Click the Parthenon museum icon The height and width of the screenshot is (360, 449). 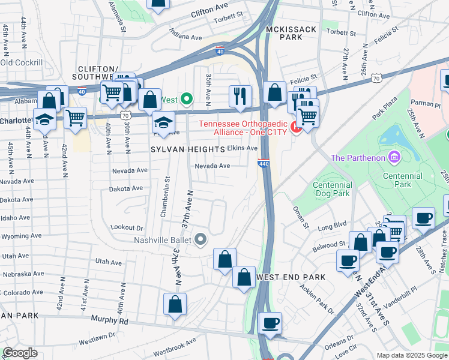pyautogui.click(x=394, y=158)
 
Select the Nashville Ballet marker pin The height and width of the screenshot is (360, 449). pyautogui.click(x=202, y=241)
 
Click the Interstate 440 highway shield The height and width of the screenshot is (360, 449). pyautogui.click(x=264, y=162)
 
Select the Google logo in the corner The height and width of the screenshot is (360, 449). pyautogui.click(x=20, y=353)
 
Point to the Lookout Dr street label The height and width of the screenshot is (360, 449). pyautogui.click(x=127, y=228)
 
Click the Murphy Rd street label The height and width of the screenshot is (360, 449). pyautogui.click(x=109, y=321)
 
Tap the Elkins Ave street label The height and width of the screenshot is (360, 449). pyautogui.click(x=243, y=148)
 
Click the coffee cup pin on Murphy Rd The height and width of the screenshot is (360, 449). pyautogui.click(x=270, y=323)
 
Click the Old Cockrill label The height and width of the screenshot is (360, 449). pyautogui.click(x=22, y=62)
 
